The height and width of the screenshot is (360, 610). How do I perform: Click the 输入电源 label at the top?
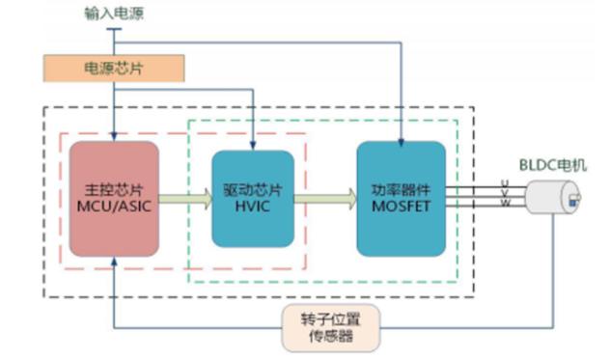pyautogui.click(x=114, y=14)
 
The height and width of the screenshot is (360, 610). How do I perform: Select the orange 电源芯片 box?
pyautogui.click(x=114, y=69)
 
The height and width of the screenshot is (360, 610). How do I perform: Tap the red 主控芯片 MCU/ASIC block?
pyautogui.click(x=114, y=199)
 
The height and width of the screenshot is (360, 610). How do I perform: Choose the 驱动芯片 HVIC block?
pyautogui.click(x=253, y=199)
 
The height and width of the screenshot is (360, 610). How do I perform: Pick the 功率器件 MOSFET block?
pyautogui.click(x=402, y=199)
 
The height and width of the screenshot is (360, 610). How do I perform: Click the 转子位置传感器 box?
pyautogui.click(x=331, y=328)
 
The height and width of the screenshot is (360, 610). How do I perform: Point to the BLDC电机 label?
pyautogui.click(x=553, y=165)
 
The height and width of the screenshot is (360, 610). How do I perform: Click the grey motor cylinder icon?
pyautogui.click(x=553, y=197)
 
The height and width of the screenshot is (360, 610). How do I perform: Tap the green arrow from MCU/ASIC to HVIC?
pyautogui.click(x=185, y=199)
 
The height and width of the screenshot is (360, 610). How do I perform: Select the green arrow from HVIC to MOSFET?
pyautogui.click(x=325, y=199)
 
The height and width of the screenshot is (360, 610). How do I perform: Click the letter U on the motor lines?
pyautogui.click(x=505, y=183)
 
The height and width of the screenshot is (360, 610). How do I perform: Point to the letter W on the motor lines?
pyautogui.click(x=505, y=203)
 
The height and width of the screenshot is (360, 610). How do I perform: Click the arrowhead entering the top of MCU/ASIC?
pyautogui.click(x=114, y=136)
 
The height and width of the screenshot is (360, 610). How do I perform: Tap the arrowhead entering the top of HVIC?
pyautogui.click(x=253, y=146)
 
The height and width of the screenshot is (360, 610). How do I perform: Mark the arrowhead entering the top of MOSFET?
pyautogui.click(x=402, y=143)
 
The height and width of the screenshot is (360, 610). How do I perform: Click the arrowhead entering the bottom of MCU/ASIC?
pyautogui.click(x=114, y=262)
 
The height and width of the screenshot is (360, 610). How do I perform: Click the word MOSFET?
pyautogui.click(x=402, y=207)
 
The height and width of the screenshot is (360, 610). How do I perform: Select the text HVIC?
pyautogui.click(x=253, y=207)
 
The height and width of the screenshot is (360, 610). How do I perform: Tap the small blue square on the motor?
pyautogui.click(x=572, y=203)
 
